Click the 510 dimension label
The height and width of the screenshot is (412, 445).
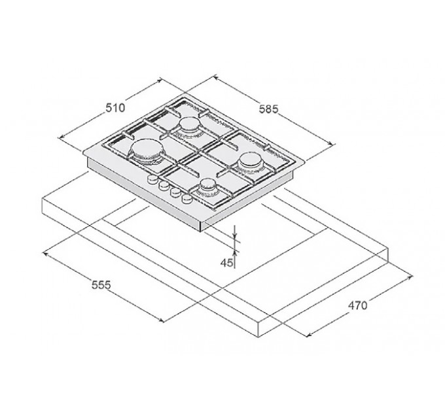pos(115,108)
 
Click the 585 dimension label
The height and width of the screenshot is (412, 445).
pos(269,109)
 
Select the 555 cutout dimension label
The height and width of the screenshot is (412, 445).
pos(101,284)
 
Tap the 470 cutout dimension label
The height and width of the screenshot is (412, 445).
pos(357,305)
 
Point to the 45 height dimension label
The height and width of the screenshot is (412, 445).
pos(226,263)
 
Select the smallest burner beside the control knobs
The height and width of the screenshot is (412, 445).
pos(209,186)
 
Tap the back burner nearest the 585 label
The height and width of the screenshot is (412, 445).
pos(190,125)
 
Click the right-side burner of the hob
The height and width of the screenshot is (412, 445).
pos(251,162)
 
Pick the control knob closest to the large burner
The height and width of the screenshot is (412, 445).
pos(152,179)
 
